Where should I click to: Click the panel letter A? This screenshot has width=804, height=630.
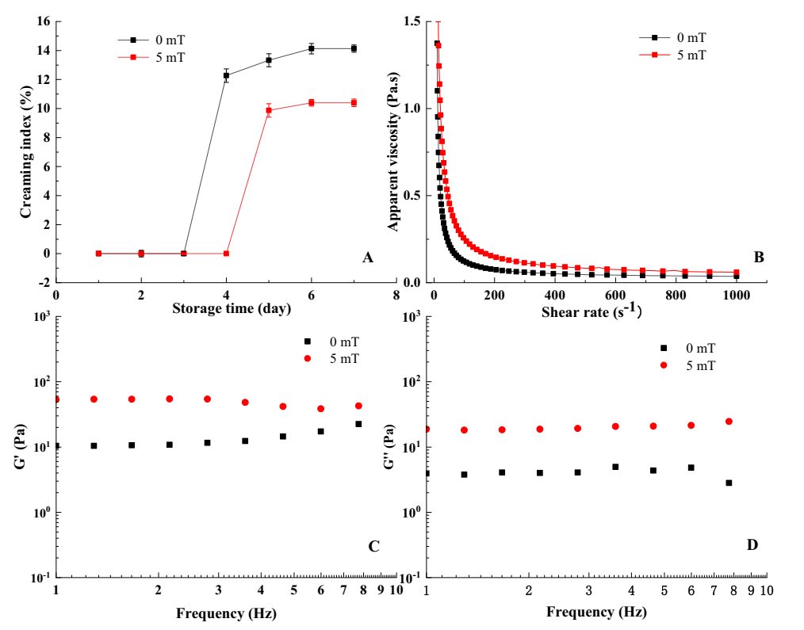[367, 257]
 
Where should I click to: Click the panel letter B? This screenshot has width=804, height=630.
[759, 257]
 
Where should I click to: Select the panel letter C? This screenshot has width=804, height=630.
[374, 546]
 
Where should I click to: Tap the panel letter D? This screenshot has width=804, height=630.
[752, 544]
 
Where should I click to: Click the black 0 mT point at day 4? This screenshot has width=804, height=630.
[226, 75]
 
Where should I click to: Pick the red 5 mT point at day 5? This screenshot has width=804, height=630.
[269, 110]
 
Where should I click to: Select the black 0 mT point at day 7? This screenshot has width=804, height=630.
[354, 48]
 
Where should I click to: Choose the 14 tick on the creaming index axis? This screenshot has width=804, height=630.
[44, 51]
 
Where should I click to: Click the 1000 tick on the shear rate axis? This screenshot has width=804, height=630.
[737, 295]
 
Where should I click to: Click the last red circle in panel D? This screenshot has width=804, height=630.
[729, 422]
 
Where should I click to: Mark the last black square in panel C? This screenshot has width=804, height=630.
[358, 424]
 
